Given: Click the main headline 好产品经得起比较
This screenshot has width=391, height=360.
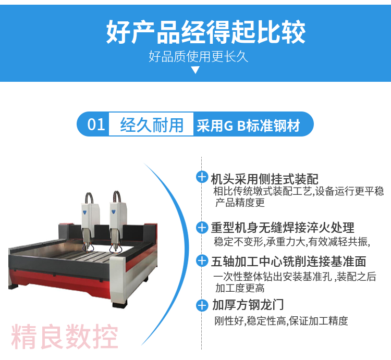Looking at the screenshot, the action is (206, 32).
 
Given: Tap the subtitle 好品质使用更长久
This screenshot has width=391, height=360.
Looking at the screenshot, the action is (199, 57).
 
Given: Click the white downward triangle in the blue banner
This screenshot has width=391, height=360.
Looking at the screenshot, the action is (195, 70).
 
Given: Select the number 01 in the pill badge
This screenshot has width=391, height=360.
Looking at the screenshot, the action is (96, 125).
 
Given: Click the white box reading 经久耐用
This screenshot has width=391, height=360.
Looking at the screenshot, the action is (151, 124).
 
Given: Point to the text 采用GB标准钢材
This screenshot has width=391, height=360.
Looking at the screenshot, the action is (248, 126).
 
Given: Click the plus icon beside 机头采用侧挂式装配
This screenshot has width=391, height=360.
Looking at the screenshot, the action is (202, 177).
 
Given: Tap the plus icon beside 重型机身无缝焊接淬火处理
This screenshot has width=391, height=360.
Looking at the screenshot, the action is (202, 228).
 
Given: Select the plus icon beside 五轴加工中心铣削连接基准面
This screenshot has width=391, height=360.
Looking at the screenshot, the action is (202, 261).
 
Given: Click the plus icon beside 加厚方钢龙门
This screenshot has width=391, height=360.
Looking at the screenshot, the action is (202, 305).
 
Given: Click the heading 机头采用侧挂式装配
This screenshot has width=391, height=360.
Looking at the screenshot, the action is (264, 179).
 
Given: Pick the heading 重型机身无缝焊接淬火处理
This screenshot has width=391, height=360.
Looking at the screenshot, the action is (283, 228).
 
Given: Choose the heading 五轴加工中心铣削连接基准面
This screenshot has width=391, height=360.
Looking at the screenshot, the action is (288, 262).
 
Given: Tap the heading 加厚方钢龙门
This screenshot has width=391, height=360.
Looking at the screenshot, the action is (248, 305).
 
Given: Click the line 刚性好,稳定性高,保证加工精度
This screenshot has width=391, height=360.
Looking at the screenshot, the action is (281, 321).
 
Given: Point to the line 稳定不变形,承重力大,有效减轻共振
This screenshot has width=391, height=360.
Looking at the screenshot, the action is (292, 242).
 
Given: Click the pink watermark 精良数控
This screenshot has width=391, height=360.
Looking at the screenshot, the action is (65, 337).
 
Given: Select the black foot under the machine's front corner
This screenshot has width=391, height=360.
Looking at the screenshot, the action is (120, 304).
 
